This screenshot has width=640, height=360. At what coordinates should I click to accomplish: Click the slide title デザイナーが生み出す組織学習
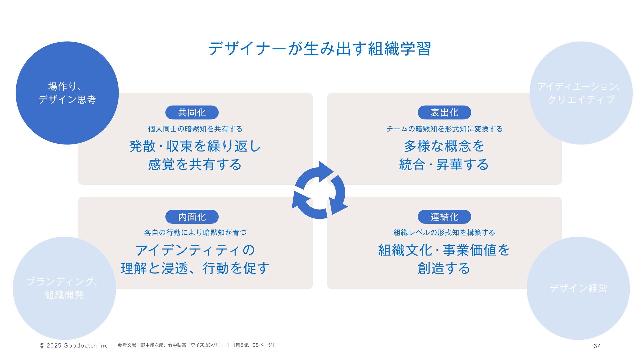pyautogui.click(x=320, y=49)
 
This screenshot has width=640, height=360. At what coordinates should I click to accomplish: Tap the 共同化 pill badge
pyautogui.click(x=192, y=112)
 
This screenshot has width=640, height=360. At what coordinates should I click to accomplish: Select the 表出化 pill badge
pyautogui.click(x=444, y=112)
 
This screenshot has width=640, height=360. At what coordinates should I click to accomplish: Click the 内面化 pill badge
pyautogui.click(x=192, y=217)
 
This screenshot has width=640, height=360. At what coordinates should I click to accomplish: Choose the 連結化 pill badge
pyautogui.click(x=444, y=217)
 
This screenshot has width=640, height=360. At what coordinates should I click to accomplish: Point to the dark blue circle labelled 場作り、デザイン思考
pyautogui.click(x=67, y=93)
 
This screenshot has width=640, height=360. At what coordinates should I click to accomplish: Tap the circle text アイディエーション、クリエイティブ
pyautogui.click(x=581, y=93)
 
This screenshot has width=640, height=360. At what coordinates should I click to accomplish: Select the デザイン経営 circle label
pyautogui.click(x=578, y=288)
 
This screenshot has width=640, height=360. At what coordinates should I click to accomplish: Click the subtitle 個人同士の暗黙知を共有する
pyautogui.click(x=195, y=129)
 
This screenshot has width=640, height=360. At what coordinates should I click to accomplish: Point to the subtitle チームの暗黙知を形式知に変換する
pyautogui.click(x=444, y=129)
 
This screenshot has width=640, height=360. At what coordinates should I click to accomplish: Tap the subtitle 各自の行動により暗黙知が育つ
pyautogui.click(x=195, y=233)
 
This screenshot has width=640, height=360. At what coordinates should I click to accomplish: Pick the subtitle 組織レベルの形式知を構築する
pyautogui.click(x=444, y=233)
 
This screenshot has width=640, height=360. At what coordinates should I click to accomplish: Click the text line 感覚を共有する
pyautogui.click(x=195, y=164)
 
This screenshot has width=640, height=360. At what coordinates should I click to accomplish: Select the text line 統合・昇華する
pyautogui.click(x=444, y=164)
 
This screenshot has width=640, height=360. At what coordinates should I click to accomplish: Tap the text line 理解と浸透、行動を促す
pyautogui.click(x=195, y=268)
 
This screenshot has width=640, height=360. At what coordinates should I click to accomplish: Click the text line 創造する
pyautogui.click(x=444, y=268)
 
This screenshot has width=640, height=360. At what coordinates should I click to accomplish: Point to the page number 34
pyautogui.click(x=597, y=346)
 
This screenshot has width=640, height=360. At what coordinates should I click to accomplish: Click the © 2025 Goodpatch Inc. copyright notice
pyautogui.click(x=75, y=346)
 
